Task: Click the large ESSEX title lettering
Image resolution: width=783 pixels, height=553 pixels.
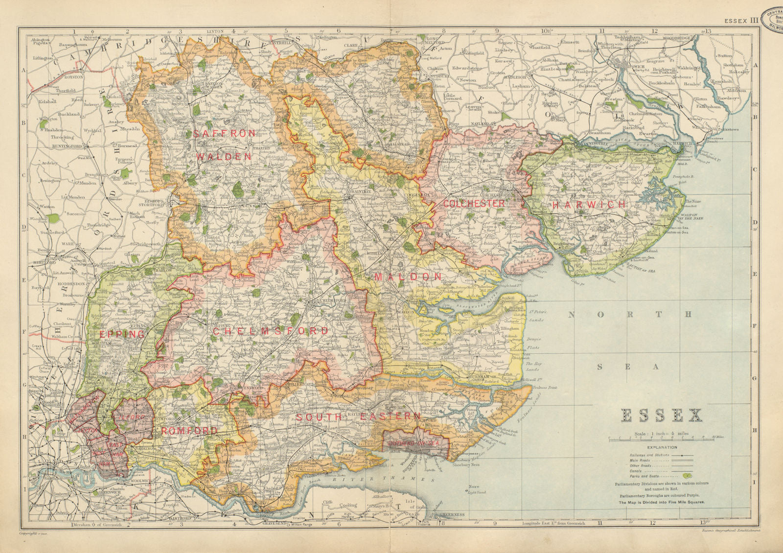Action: click(x=662, y=416)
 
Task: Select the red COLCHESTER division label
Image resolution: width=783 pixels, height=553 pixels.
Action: click(x=474, y=203)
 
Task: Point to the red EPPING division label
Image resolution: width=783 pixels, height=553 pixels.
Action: click(x=122, y=334)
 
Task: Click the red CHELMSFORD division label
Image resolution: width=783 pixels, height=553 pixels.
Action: click(x=271, y=331)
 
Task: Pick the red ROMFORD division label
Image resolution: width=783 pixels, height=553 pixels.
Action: click(x=189, y=431)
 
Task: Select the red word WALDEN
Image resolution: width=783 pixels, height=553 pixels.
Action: click(x=224, y=157)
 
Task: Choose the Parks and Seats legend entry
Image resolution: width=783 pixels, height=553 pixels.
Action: click(x=646, y=476)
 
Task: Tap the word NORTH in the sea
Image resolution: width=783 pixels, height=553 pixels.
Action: click(x=631, y=314)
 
